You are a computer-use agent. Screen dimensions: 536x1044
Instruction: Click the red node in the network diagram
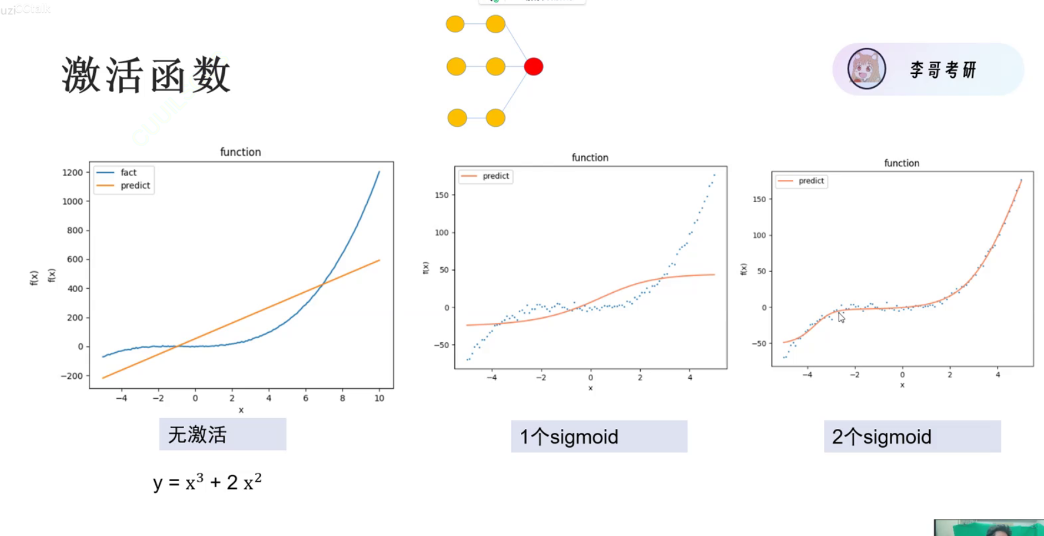(534, 67)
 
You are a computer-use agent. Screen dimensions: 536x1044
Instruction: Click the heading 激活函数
(146, 75)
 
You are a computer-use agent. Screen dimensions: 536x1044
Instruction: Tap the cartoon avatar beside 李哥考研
(866, 69)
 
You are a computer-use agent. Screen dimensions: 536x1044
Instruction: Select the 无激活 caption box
(222, 434)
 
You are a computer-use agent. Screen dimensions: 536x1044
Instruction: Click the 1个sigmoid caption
(599, 437)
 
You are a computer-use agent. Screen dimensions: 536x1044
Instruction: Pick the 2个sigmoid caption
(911, 437)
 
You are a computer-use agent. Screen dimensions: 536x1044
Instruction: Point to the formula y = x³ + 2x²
(207, 482)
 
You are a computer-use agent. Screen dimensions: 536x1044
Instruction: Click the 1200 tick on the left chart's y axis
(73, 173)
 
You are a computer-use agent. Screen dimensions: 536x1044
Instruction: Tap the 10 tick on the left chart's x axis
(379, 398)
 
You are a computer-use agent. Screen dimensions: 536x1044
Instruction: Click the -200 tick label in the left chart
(72, 376)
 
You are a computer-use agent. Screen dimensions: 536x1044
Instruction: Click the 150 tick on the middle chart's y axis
(442, 195)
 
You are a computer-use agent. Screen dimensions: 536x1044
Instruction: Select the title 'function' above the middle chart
(590, 158)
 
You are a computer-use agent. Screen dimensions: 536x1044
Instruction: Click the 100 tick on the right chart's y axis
(759, 236)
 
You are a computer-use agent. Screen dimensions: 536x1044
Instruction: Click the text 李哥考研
(943, 70)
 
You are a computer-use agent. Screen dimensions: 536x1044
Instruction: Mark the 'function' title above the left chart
(240, 152)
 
